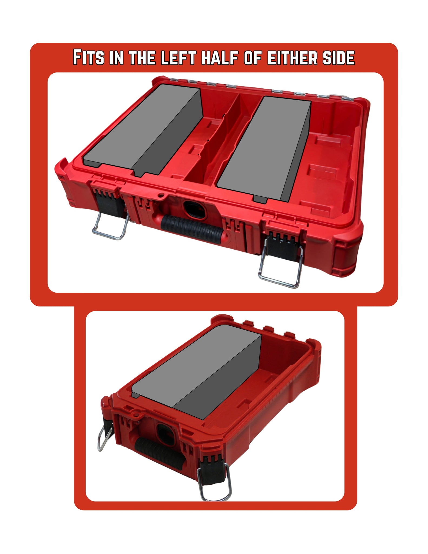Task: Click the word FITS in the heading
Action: click(88, 57)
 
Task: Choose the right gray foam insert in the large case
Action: click(264, 149)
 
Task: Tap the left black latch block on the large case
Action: click(107, 199)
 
